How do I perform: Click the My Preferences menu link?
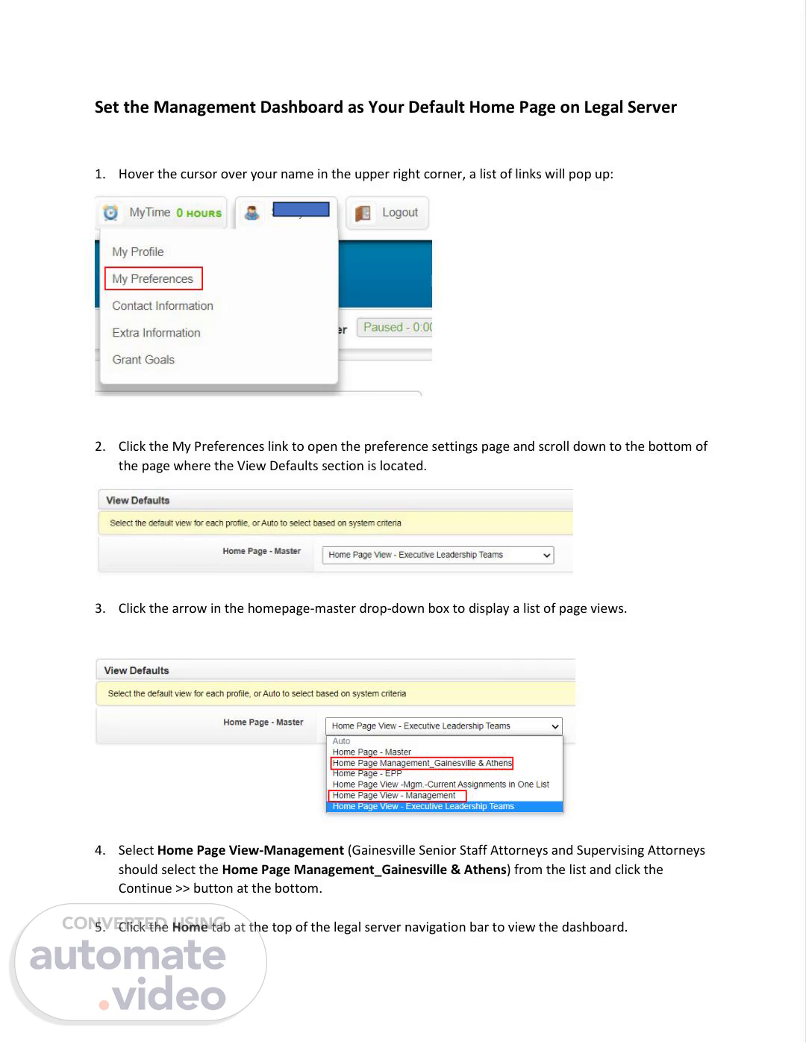pos(153,279)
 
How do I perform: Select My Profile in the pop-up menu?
pos(138,252)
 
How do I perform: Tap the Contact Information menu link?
pos(163,306)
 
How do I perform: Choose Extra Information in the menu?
pos(156,333)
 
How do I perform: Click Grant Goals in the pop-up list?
pos(143,360)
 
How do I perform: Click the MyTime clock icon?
pos(110,213)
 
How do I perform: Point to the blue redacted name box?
pos(301,210)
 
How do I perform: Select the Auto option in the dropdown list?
pos(341,741)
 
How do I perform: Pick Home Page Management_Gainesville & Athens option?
pos(422,763)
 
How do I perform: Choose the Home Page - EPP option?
pos(367,773)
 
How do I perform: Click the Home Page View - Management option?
pos(394,796)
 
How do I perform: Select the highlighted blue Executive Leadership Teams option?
pos(423,806)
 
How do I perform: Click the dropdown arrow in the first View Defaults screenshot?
pos(546,555)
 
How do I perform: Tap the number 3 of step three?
pos(99,608)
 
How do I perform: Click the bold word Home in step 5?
pos(190,927)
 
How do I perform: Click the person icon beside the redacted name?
pos(252,213)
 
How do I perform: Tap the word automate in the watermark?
pos(128,956)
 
